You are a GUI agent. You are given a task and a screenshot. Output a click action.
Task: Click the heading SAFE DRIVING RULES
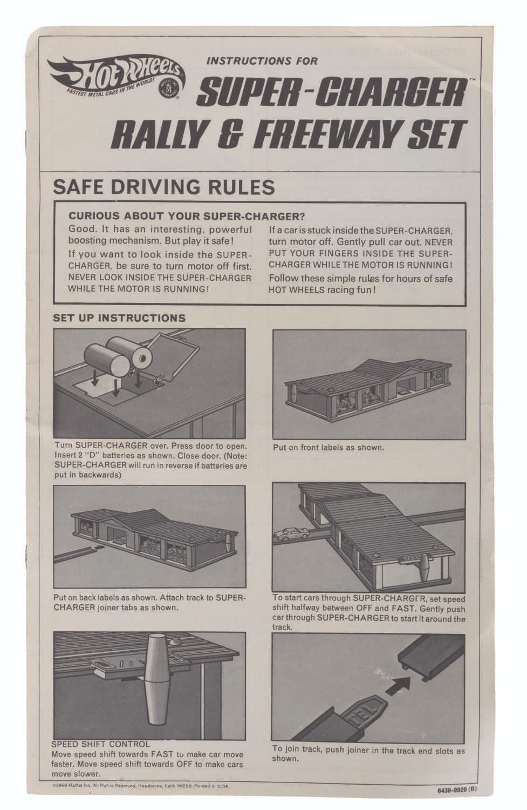point(163,187)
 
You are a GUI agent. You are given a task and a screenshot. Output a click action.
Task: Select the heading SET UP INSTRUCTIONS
point(119,318)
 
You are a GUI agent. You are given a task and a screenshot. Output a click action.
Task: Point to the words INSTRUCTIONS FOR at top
point(262,60)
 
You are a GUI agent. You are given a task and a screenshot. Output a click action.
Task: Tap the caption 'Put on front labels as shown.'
point(328,447)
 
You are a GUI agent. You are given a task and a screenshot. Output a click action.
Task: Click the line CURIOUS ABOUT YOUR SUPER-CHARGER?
point(187,216)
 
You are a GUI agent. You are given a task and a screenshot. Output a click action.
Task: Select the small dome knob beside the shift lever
point(176,642)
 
